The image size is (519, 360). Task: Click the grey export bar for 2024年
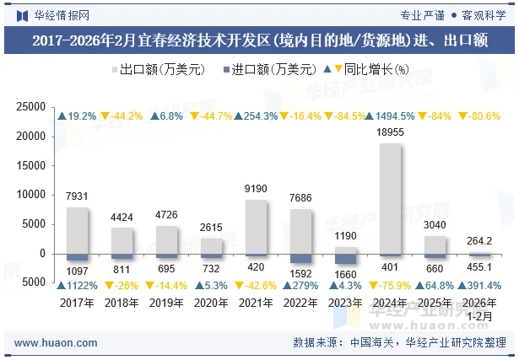click(390, 198)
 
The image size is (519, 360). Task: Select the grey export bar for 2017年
click(77, 230)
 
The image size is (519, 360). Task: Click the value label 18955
click(390, 132)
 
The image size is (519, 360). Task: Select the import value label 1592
click(300, 271)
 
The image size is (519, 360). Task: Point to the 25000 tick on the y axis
click(30, 106)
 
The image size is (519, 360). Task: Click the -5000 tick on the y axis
click(30, 283)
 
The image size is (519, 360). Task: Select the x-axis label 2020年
click(211, 303)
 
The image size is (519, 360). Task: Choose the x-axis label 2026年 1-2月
click(479, 309)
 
